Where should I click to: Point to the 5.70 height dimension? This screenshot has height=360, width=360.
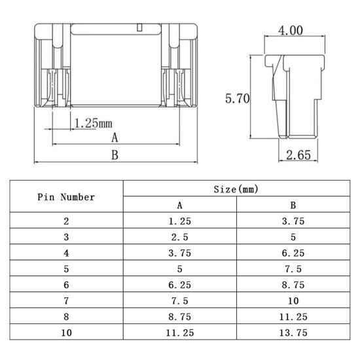[x=238, y=99]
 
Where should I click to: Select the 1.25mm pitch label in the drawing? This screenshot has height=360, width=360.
[x=92, y=122]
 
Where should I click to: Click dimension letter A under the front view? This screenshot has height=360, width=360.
[x=115, y=137]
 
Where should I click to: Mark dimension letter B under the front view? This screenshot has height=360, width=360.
[x=114, y=155]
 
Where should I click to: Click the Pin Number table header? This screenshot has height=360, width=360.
[x=66, y=197]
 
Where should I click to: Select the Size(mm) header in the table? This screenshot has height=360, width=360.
[x=236, y=189]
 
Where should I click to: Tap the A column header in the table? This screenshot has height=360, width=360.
[x=179, y=205]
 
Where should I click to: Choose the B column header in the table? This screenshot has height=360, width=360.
[x=293, y=205]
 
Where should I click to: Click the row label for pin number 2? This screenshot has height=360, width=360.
[x=66, y=221]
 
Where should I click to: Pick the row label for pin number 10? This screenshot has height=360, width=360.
[x=66, y=332]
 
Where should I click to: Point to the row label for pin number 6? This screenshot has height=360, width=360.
[x=66, y=285]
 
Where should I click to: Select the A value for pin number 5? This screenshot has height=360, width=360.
[x=179, y=268]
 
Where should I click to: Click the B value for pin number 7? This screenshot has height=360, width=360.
[x=293, y=300]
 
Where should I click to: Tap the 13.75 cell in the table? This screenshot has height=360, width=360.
[x=293, y=332]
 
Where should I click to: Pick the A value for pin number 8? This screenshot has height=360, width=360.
[x=179, y=316]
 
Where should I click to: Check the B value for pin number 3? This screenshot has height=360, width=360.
[x=293, y=237]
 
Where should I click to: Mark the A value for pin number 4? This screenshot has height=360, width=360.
[x=179, y=253]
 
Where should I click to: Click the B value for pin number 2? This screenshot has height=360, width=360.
[x=293, y=221]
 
